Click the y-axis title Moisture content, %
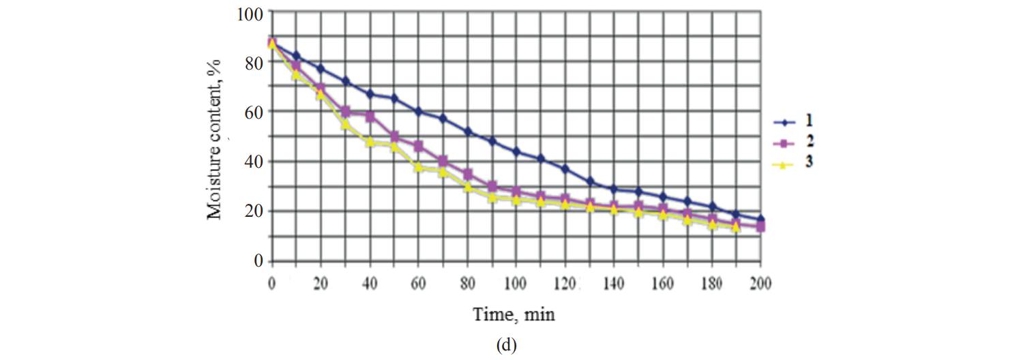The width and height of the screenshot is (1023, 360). [x=216, y=136]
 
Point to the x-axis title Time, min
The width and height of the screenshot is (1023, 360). [x=515, y=314]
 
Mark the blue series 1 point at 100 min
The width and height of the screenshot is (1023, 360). [x=516, y=151]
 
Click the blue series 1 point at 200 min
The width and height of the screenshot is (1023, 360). [x=760, y=220]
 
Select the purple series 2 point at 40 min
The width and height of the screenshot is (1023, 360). [x=370, y=117]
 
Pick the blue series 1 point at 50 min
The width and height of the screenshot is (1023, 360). [x=394, y=98]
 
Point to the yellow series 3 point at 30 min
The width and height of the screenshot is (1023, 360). [x=345, y=124]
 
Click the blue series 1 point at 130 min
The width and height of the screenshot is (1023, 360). [x=589, y=181]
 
